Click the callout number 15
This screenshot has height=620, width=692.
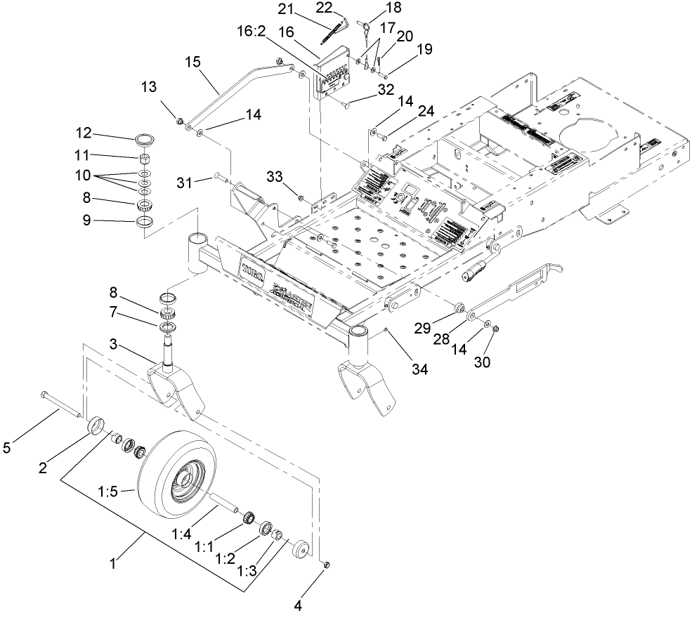coord(192,62)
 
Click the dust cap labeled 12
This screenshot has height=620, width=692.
coord(145,136)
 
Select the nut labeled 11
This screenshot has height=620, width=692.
coord(144,158)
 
